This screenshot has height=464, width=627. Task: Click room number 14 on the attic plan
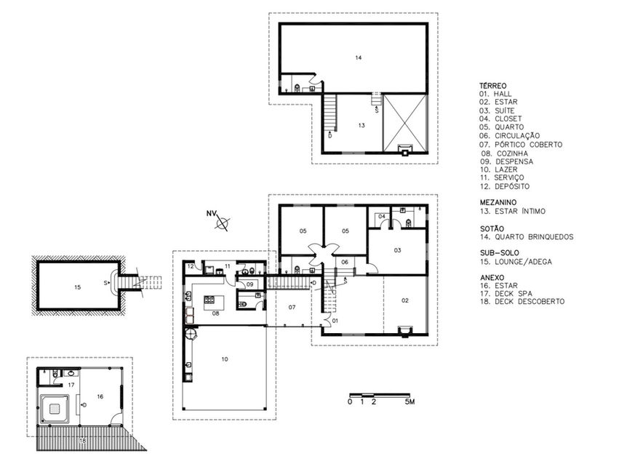[359, 57]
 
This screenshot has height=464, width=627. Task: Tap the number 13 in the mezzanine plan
[362, 126]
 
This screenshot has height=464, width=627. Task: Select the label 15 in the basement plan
[78, 287]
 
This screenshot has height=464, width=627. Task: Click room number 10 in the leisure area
[225, 359]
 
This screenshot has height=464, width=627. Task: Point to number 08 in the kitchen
[216, 313]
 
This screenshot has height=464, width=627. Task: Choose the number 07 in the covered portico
[292, 308]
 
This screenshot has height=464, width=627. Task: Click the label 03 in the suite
[397, 251]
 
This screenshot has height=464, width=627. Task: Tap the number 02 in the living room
[405, 300]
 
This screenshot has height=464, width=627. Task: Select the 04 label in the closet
[382, 217]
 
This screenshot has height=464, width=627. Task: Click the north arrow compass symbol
[223, 223]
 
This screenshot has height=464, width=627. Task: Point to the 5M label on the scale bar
[410, 401]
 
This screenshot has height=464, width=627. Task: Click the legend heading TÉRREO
[493, 86]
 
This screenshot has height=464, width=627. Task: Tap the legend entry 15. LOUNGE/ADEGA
[516, 262]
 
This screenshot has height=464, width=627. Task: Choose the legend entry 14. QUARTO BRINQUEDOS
[527, 237]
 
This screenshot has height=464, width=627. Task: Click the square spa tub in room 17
[55, 409]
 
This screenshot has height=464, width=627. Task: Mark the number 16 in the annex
[100, 396]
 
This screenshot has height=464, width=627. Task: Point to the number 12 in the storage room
[191, 266]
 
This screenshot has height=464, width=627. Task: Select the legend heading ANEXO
[492, 277]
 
